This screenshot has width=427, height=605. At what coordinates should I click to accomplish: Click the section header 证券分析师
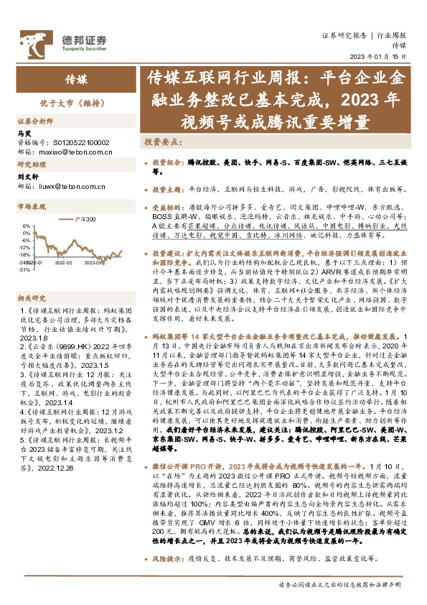(35, 121)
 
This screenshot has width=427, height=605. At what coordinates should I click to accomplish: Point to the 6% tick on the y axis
(27, 225)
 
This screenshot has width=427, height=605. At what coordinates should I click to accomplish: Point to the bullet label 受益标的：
(169, 206)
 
